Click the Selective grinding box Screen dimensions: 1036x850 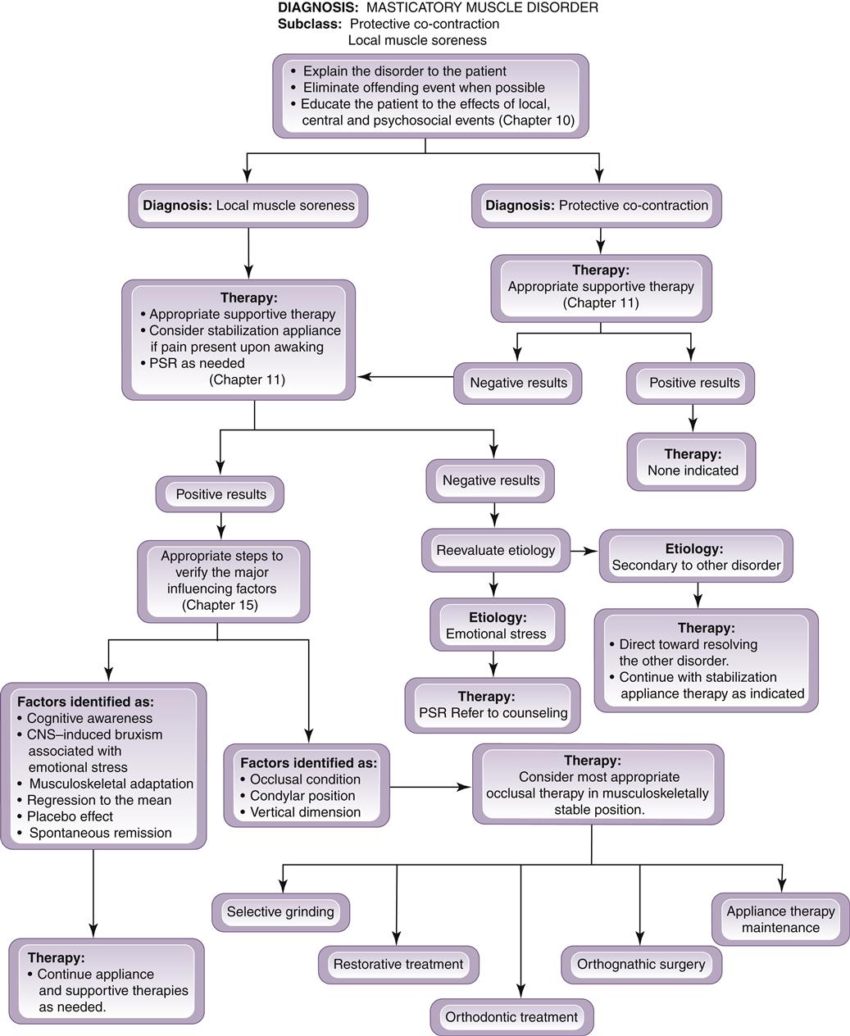pyautogui.click(x=280, y=912)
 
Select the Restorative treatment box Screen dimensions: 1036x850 pyautogui.click(x=398, y=965)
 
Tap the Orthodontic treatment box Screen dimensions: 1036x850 pyautogui.click(x=511, y=1017)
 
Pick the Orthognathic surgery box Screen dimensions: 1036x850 pyautogui.click(x=641, y=965)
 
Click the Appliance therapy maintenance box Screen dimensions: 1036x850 pyautogui.click(x=780, y=920)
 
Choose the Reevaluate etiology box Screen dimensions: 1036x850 pyautogui.click(x=495, y=551)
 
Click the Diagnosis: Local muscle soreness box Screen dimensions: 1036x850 pyautogui.click(x=248, y=206)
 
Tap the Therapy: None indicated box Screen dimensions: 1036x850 pyautogui.click(x=692, y=462)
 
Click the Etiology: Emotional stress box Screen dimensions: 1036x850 pyautogui.click(x=497, y=625)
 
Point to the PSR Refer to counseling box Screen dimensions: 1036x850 pyautogui.click(x=493, y=705)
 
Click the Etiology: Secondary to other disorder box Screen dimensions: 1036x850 pyautogui.click(x=696, y=557)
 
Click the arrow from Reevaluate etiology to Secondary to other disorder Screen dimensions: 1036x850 pyautogui.click(x=584, y=551)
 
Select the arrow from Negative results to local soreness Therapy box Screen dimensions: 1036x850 pyautogui.click(x=406, y=377)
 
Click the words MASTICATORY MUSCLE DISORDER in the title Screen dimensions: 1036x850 pyautogui.click(x=483, y=7)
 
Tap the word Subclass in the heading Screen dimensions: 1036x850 pyautogui.click(x=309, y=24)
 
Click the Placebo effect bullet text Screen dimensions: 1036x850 pyautogui.click(x=70, y=816)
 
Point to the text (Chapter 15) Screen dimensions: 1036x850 pyautogui.click(x=220, y=605)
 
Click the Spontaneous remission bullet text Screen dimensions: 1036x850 pyautogui.click(x=100, y=833)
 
